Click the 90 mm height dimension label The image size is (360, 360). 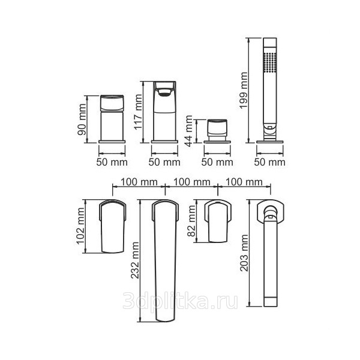(82, 119)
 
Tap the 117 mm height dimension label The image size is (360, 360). (138, 112)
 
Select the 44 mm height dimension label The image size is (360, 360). (189, 131)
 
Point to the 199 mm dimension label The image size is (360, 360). (244, 90)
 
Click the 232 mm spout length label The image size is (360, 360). (135, 260)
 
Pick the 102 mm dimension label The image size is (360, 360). (80, 226)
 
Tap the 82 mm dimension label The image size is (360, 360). (191, 221)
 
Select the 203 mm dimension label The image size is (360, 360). (244, 253)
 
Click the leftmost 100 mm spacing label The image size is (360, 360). (139, 182)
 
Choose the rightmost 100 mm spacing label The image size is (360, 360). (244, 182)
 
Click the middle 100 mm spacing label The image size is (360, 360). (192, 182)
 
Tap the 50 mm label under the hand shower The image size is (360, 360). (270, 162)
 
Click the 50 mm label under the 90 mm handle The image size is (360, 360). (112, 162)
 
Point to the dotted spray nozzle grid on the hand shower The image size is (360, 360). (270, 62)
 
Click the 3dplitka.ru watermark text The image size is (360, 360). (180, 301)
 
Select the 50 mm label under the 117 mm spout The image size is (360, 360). (164, 162)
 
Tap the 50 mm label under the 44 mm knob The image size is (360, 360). (217, 162)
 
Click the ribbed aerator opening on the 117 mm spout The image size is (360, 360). (164, 92)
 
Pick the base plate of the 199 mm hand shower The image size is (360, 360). (270, 142)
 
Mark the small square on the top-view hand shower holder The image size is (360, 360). (270, 217)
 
